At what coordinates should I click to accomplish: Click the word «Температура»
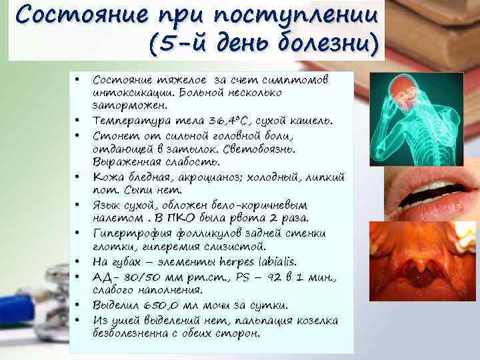coord(127,121)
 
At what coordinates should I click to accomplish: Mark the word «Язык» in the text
coord(107,205)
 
